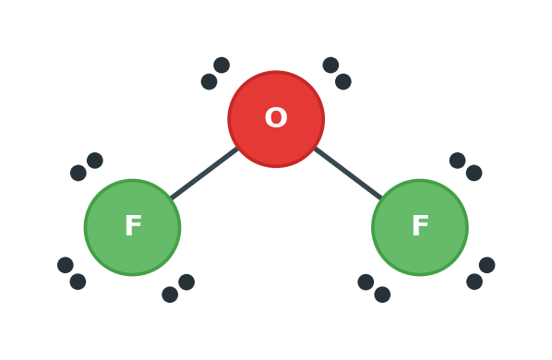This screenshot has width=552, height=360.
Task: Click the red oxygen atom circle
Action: pyautogui.click(x=276, y=119)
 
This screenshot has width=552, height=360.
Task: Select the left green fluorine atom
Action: pyautogui.click(x=132, y=227)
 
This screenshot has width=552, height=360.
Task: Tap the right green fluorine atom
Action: pyautogui.click(x=420, y=227)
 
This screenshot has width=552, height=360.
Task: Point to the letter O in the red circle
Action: pyautogui.click(x=276, y=117)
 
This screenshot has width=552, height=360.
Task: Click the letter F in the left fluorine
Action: pyautogui.click(x=133, y=225)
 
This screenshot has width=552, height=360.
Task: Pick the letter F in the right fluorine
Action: pyautogui.click(x=420, y=225)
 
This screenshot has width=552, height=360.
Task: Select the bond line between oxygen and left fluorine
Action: pyautogui.click(x=204, y=174)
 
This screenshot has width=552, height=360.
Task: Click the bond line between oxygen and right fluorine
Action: pyautogui.click(x=348, y=174)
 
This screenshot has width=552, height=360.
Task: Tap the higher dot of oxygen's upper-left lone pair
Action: pyautogui.click(x=222, y=66)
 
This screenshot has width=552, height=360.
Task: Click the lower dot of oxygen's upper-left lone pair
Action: pyautogui.click(x=210, y=81)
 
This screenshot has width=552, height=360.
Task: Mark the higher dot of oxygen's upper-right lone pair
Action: pyautogui.click(x=330, y=66)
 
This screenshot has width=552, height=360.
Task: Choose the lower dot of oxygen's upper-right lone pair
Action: pyautogui.click(x=343, y=81)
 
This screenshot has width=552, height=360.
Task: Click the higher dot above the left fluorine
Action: pyautogui.click(x=95, y=161)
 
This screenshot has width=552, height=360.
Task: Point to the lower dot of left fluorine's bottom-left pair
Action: pyautogui.click(x=78, y=282)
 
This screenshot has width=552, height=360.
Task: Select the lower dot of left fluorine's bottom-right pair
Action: pyautogui.click(x=170, y=294)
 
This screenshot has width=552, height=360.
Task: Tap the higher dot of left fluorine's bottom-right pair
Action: pyautogui.click(x=186, y=282)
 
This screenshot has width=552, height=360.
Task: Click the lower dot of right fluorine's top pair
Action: pyautogui.click(x=474, y=173)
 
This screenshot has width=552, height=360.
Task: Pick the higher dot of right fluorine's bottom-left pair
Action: pyautogui.click(x=366, y=282)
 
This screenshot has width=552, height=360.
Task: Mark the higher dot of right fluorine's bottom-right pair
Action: pyautogui.click(x=486, y=265)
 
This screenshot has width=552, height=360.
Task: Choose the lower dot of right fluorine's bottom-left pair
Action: pyautogui.click(x=382, y=294)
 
